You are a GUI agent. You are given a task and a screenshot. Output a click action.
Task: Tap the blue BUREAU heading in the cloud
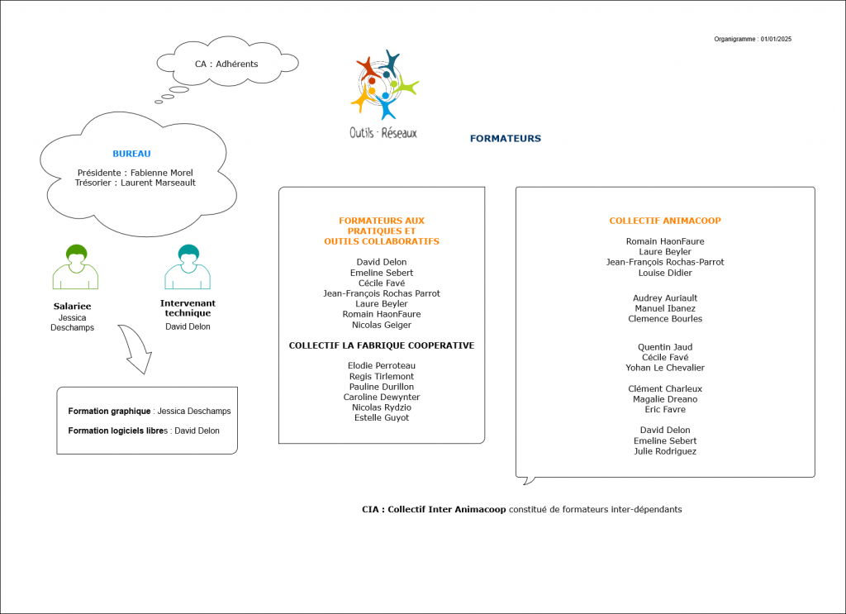tap(131, 153)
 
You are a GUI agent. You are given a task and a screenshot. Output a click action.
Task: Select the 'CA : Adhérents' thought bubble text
tap(226, 64)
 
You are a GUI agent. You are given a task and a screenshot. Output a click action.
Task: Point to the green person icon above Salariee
tap(76, 267)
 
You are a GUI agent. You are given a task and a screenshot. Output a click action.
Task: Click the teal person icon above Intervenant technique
tap(188, 267)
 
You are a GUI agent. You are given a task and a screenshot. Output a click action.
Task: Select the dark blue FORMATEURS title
tap(506, 139)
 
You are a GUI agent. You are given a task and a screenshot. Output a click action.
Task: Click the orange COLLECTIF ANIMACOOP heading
tap(665, 221)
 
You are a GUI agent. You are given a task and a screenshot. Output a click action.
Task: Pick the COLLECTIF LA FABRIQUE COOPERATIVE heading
tap(382, 345)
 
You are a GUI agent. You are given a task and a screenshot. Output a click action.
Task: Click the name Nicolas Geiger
tap(382, 325)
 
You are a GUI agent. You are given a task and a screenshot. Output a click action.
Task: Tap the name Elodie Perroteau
tap(382, 365)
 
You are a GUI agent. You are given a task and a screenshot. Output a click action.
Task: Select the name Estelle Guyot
tap(382, 417)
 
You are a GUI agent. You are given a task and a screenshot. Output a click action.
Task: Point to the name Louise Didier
tap(665, 273)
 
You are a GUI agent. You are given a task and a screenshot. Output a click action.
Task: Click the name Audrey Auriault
tap(665, 297)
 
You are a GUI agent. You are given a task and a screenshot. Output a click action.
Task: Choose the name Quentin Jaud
tap(665, 347)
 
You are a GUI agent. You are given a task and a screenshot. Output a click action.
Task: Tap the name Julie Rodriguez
tap(665, 451)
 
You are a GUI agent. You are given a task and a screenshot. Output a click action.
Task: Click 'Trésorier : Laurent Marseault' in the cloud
tap(135, 183)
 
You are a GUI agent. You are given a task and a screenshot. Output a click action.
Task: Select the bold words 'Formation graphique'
tap(109, 411)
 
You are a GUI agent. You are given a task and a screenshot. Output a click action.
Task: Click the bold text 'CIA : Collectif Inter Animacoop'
tap(434, 510)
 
